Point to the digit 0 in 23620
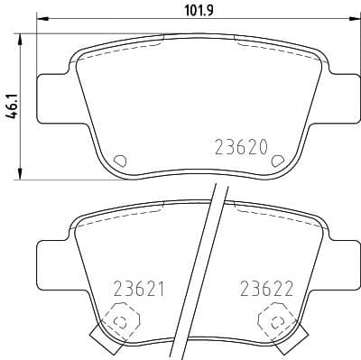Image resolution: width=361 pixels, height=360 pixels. (x=265, y=148)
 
